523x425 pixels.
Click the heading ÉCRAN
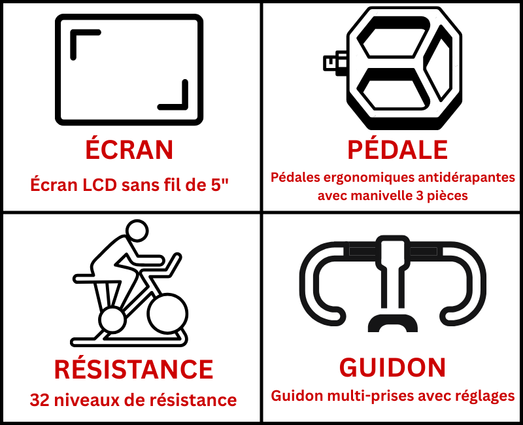pyautogui.click(x=129, y=149)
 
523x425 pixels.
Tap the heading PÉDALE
pyautogui.click(x=397, y=149)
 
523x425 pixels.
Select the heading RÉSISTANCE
pyautogui.click(x=133, y=369)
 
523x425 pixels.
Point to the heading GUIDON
pyautogui.click(x=392, y=367)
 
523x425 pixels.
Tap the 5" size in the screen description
pyautogui.click(x=220, y=185)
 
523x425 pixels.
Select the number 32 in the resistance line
pyautogui.click(x=40, y=400)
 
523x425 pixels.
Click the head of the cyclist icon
pyautogui.click(x=137, y=230)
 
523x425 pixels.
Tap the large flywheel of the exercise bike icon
pyautogui.click(x=167, y=314)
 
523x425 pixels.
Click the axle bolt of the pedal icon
pyautogui.click(x=335, y=63)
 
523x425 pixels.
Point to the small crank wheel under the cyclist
pyautogui.click(x=112, y=320)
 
